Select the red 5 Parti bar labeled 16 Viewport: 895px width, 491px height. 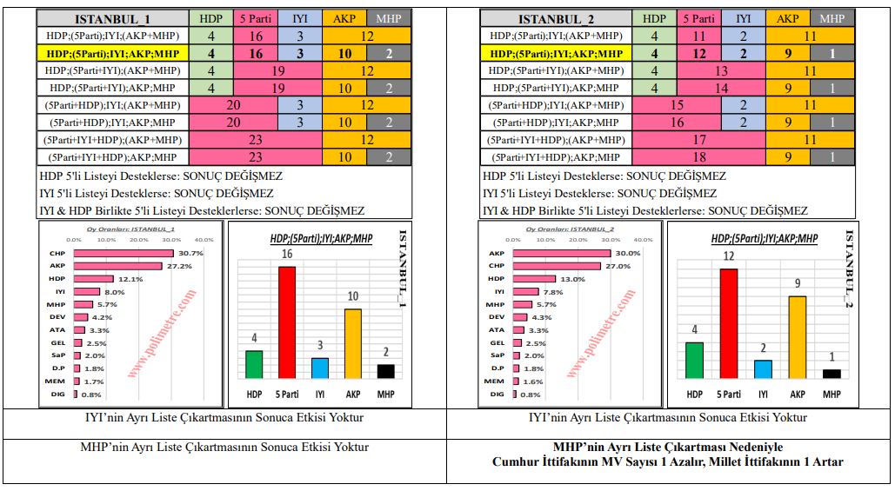tap(287, 323)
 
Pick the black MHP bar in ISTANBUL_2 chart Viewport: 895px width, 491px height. tap(832, 374)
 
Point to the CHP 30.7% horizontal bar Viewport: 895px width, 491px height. tap(124, 253)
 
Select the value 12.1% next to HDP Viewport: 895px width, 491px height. tap(130, 279)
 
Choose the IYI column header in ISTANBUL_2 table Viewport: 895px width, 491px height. tap(743, 18)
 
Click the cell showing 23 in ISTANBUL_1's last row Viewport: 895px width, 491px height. tap(256, 157)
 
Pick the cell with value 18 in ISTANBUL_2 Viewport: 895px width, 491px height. tap(699, 157)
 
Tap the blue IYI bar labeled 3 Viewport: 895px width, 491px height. tap(321, 369)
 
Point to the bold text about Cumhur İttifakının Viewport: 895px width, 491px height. tap(668, 461)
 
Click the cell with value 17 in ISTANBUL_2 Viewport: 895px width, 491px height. tap(699, 140)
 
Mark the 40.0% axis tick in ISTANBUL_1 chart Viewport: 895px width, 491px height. tap(204, 240)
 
